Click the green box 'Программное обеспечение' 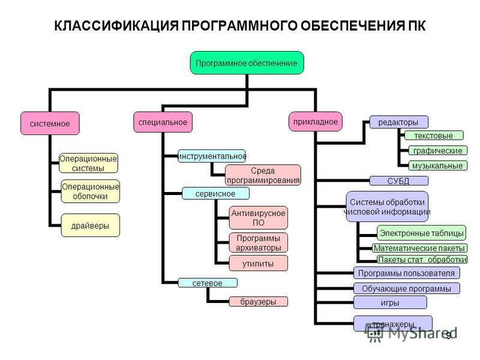coord(247,63)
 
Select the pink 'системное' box coord(50,124)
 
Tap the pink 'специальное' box coord(163,122)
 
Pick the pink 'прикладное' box coord(316,122)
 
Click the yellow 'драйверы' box coord(91,226)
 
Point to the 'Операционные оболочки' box coord(91,191)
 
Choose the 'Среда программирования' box coord(263,175)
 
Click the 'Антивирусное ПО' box coord(259,218)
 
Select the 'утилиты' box coord(259,263)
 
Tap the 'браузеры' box coord(259,302)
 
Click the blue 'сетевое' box coord(208,283)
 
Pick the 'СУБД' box coord(398,181)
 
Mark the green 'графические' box coord(438,151)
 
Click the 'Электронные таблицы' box coord(422,233)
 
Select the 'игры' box coord(390,302)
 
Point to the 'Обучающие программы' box coord(407,289)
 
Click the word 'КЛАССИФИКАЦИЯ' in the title coord(116,26)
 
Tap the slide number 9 coord(448,335)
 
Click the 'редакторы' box coord(398,122)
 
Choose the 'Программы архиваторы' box coord(259,242)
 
